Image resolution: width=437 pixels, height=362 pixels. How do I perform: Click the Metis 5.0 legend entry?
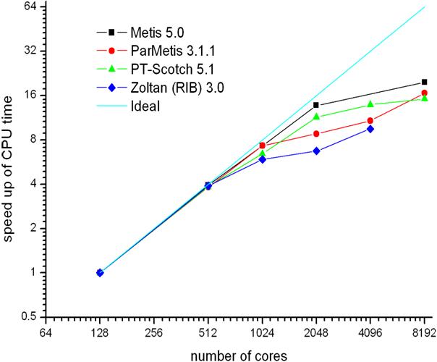pyautogui.click(x=152, y=32)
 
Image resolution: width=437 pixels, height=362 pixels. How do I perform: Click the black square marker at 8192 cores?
pyautogui.click(x=424, y=83)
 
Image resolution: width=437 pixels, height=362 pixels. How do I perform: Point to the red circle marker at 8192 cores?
pyautogui.click(x=424, y=93)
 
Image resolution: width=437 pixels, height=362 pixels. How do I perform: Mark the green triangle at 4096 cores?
pyautogui.click(x=370, y=104)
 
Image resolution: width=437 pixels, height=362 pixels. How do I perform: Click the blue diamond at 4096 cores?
pyautogui.click(x=370, y=129)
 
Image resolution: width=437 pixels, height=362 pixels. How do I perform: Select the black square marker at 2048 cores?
pyautogui.click(x=316, y=106)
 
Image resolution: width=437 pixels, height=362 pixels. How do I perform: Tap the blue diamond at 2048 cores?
pyautogui.click(x=316, y=151)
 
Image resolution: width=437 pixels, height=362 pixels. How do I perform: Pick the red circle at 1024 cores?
pyautogui.click(x=262, y=146)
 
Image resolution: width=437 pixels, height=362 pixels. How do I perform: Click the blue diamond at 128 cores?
pyautogui.click(x=100, y=273)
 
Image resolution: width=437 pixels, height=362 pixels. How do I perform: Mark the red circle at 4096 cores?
pyautogui.click(x=370, y=121)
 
